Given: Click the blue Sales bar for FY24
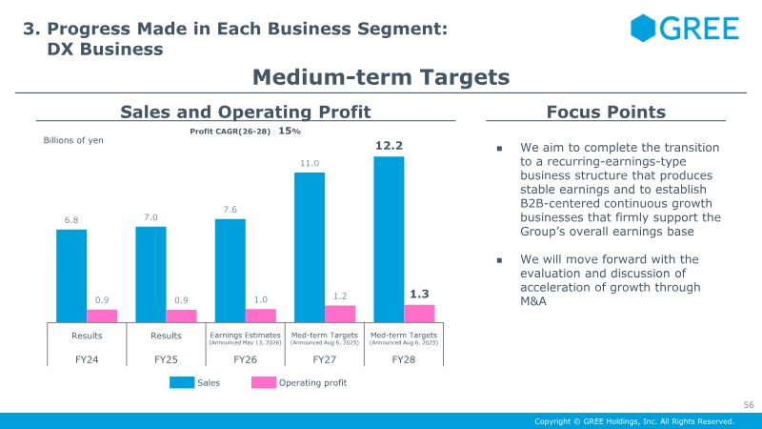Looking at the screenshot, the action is [71, 276].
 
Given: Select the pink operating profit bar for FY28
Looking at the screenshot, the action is [419, 314].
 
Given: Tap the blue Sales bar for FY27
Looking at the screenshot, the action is [310, 248].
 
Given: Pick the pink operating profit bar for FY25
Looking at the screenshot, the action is [181, 317].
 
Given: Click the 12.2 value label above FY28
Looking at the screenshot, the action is [389, 146].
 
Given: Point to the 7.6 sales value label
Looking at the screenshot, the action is [231, 210].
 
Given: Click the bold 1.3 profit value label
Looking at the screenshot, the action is [419, 294].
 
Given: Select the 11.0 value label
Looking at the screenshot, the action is [310, 163].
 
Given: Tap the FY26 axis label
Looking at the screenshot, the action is [246, 359].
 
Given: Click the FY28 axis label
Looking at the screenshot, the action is [404, 359].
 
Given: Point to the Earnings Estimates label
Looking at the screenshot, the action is [246, 336].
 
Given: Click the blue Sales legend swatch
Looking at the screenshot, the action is [182, 383].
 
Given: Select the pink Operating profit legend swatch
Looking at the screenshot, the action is [264, 383].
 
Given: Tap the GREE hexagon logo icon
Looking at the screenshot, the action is [643, 28].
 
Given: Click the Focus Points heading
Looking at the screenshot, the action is [606, 112].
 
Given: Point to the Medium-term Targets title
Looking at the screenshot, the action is [381, 77].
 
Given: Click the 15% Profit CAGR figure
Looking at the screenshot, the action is [290, 131].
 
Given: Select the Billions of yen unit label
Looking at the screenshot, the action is [73, 140].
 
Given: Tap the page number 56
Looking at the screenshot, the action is [749, 404].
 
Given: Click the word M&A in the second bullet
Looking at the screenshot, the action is [533, 301].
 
